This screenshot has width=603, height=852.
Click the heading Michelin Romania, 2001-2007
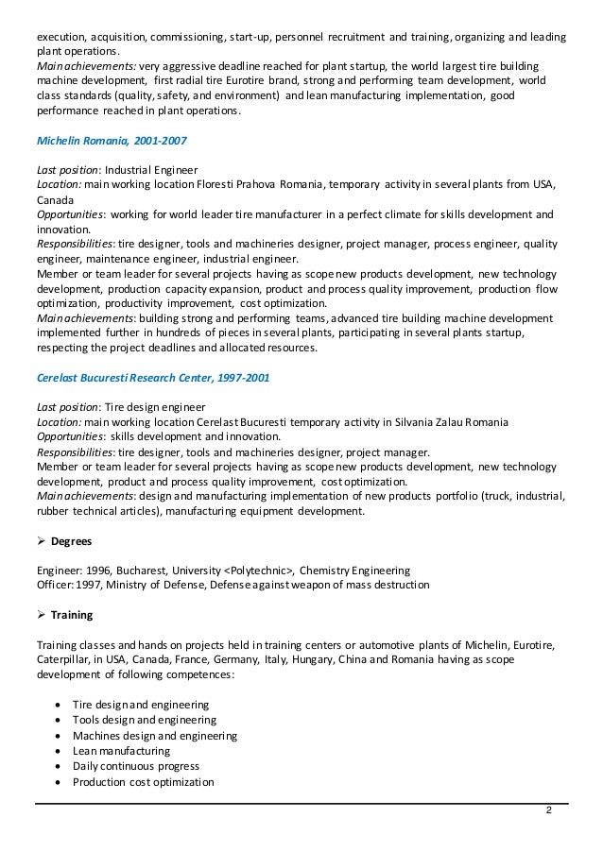(x=112, y=141)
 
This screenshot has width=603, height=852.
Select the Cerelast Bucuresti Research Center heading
(x=153, y=377)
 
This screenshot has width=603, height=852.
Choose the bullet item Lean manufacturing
(x=121, y=751)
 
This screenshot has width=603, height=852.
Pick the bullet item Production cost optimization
(x=144, y=782)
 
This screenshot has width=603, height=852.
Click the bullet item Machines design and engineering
(x=155, y=736)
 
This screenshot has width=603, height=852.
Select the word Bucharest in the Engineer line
(x=142, y=571)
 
